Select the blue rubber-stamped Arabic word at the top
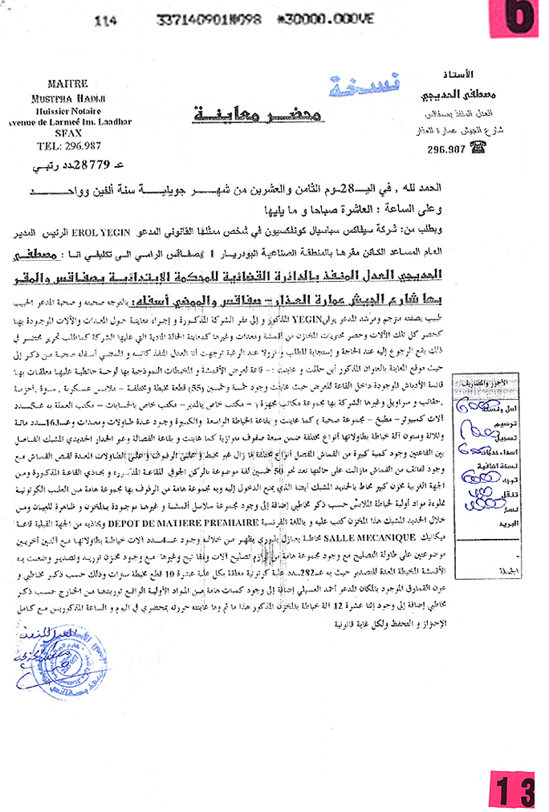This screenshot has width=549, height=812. click(340, 84)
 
